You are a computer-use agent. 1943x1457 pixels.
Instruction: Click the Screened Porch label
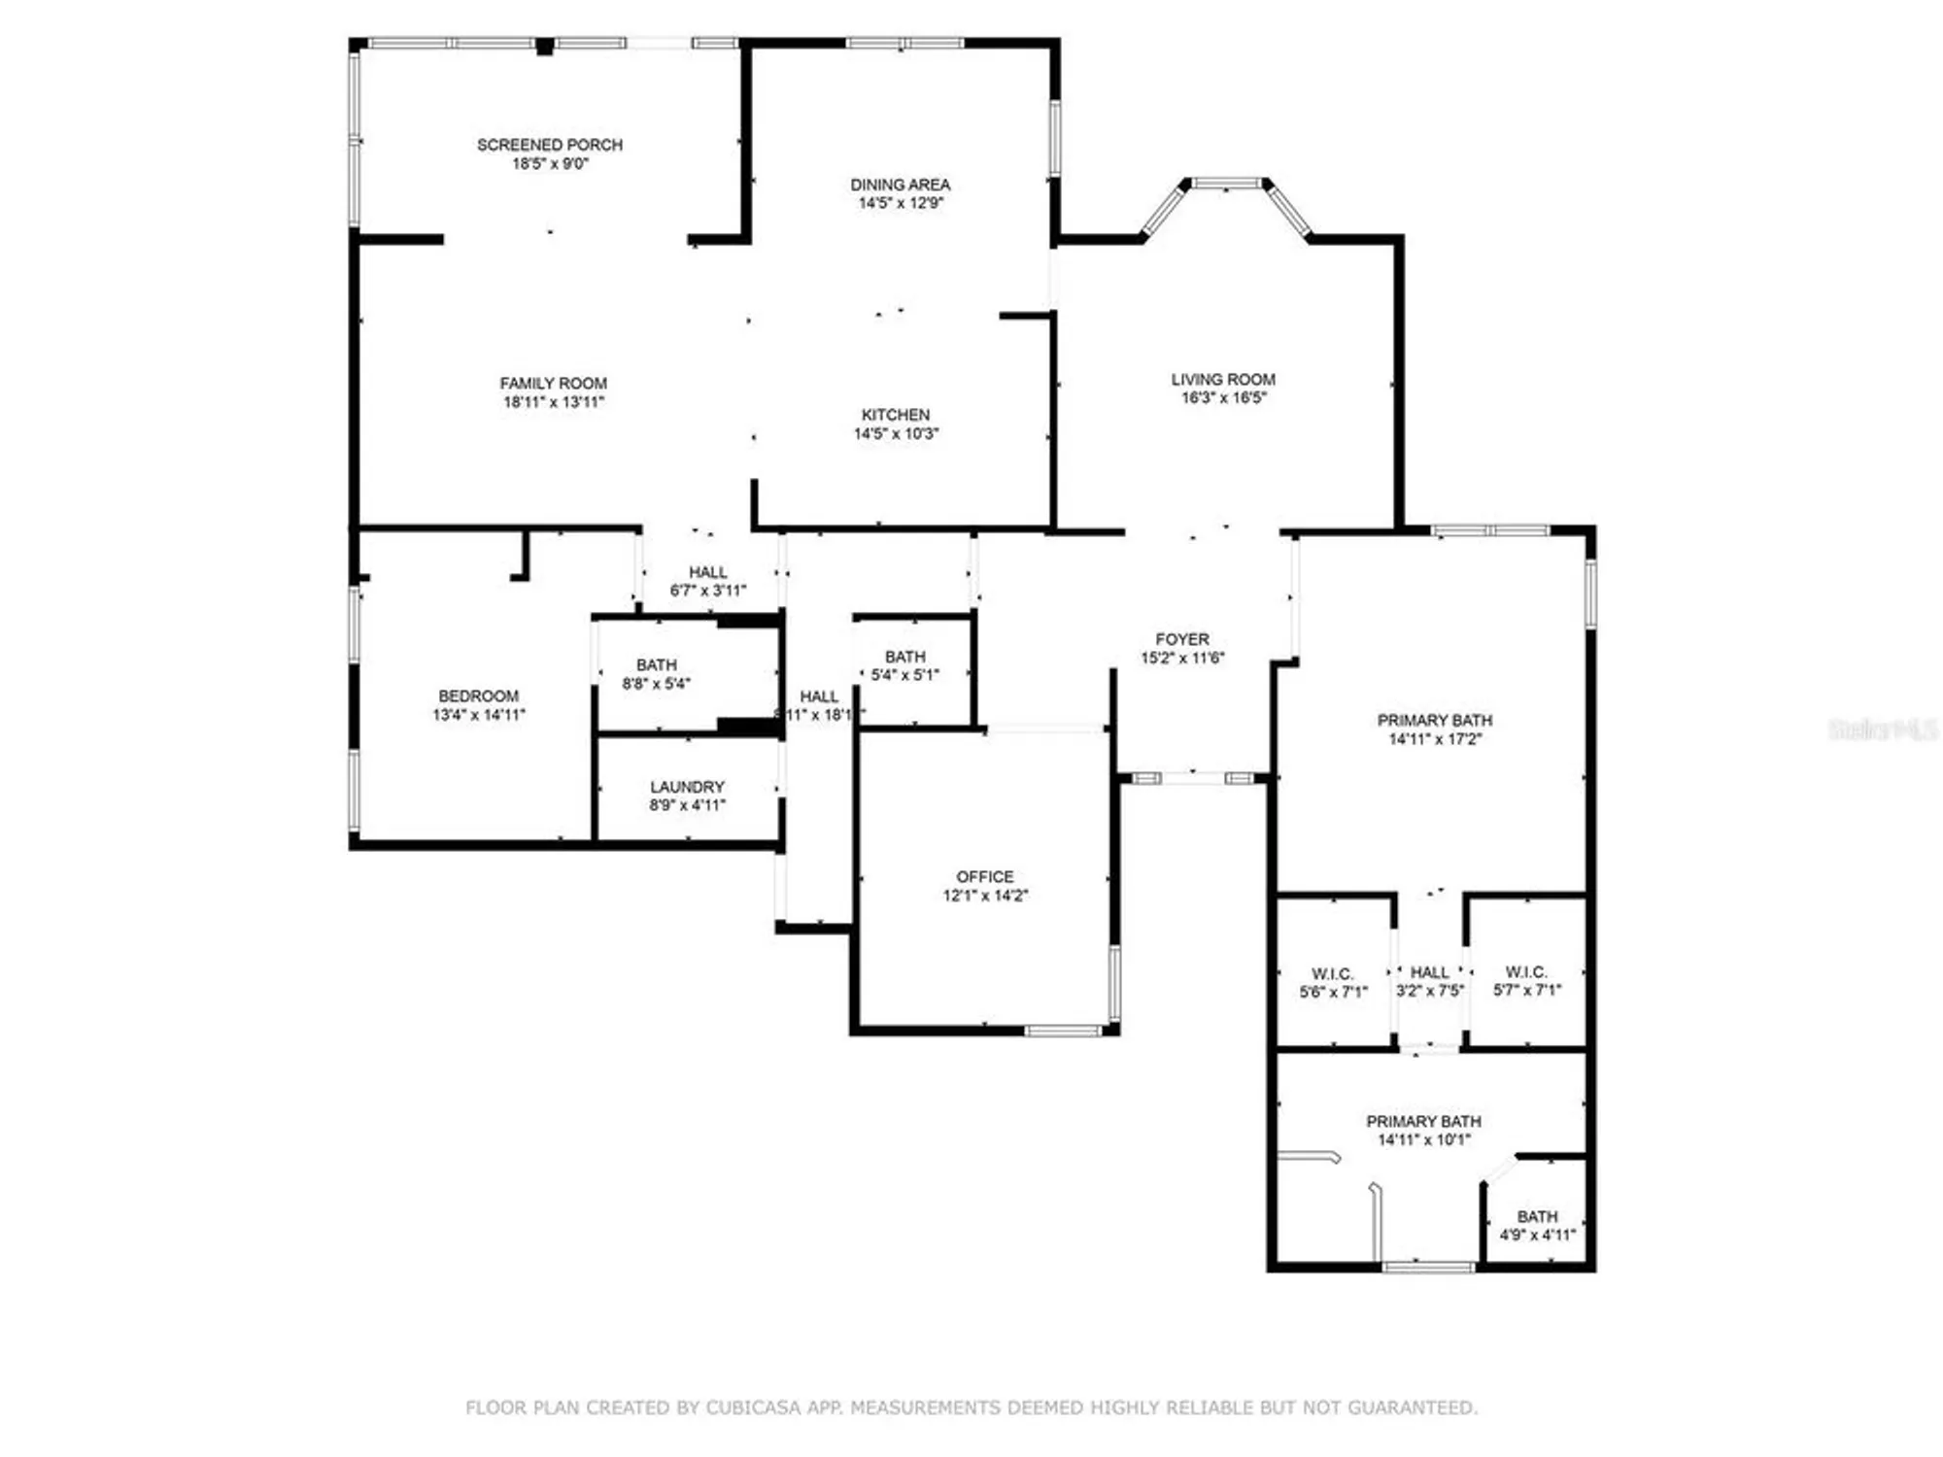(x=549, y=145)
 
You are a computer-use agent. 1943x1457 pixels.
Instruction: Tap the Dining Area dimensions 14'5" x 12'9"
(x=901, y=203)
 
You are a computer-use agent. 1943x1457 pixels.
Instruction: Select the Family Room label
(x=553, y=384)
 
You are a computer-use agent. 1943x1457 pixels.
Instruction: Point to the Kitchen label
(x=895, y=415)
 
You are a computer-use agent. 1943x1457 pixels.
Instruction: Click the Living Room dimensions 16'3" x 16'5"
(x=1223, y=398)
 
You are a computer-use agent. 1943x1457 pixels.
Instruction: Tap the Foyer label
(x=1182, y=639)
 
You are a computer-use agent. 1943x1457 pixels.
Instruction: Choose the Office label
(x=984, y=876)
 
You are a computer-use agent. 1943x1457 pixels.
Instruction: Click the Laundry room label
(x=687, y=786)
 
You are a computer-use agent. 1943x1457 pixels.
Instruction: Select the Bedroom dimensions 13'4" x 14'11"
(x=478, y=715)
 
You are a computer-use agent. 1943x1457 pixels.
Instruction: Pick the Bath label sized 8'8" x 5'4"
(x=657, y=664)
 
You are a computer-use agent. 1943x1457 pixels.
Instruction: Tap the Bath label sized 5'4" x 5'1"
(x=904, y=657)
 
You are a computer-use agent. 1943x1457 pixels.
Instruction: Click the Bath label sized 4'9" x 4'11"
(x=1537, y=1216)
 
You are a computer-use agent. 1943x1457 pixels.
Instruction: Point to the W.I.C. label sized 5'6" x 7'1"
(x=1332, y=973)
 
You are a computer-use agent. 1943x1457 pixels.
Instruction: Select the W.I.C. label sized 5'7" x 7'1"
(x=1526, y=971)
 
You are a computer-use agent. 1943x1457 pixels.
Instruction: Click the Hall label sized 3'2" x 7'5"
(x=1429, y=972)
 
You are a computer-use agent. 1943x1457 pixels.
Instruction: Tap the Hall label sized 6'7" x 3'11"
(x=707, y=572)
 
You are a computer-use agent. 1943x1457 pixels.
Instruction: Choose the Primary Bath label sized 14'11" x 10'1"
(x=1423, y=1121)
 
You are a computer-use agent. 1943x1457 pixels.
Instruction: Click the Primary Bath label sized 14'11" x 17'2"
(x=1434, y=720)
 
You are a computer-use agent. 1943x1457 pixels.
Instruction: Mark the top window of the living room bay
(x=1226, y=183)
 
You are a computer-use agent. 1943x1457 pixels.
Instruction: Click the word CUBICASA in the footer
(x=754, y=1407)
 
